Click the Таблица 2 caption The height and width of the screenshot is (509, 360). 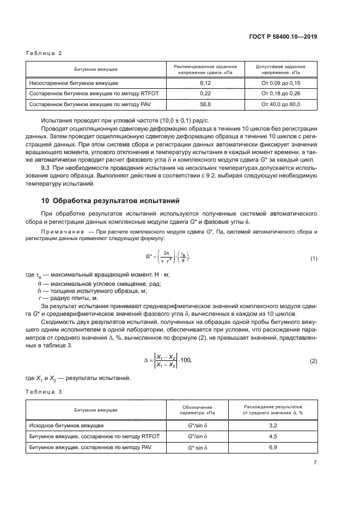pyautogui.click(x=45, y=53)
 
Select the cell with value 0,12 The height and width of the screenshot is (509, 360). pyautogui.click(x=205, y=83)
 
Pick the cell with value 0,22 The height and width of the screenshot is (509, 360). pyautogui.click(x=205, y=93)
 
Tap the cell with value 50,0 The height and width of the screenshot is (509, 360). pyautogui.click(x=205, y=103)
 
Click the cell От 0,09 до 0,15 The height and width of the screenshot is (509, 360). pyautogui.click(x=281, y=83)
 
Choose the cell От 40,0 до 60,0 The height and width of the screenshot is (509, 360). pyautogui.click(x=281, y=103)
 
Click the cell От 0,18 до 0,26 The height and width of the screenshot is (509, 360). pyautogui.click(x=281, y=93)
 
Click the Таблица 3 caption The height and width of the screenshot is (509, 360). pyautogui.click(x=45, y=391)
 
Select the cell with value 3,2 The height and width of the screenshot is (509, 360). pyautogui.click(x=273, y=425)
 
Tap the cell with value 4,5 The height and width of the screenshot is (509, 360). pyautogui.click(x=273, y=436)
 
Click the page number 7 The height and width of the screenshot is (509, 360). pyautogui.click(x=315, y=463)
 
